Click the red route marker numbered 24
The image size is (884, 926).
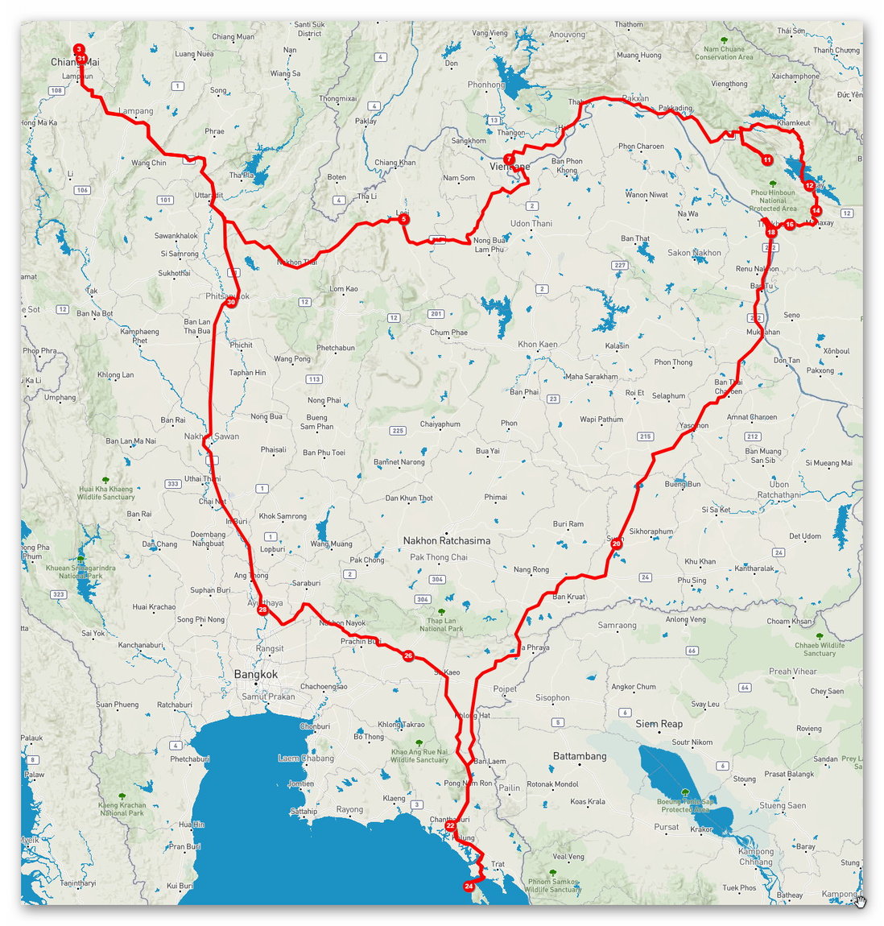click(469, 887)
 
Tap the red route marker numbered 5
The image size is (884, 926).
click(404, 219)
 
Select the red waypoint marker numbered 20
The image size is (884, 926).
click(616, 544)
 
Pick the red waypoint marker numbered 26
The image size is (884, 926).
click(408, 656)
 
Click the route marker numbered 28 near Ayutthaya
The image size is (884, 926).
click(262, 610)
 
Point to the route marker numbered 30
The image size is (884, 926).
click(231, 303)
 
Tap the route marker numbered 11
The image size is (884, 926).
click(767, 160)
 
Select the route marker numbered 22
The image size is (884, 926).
click(450, 826)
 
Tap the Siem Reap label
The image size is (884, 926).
click(659, 724)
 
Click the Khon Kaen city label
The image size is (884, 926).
click(538, 345)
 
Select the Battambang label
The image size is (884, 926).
click(580, 756)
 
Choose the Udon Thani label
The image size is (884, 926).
click(531, 224)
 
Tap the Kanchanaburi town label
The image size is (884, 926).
click(142, 646)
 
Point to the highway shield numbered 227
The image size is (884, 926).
click(619, 265)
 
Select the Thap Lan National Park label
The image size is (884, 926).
click(440, 624)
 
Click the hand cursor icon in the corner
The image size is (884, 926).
click(860, 901)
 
